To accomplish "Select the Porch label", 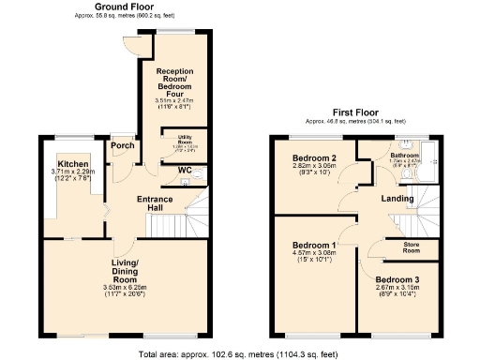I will [122, 145].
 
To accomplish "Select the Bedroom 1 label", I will [314, 246].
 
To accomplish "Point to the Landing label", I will [397, 198].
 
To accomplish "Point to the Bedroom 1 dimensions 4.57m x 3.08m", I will [314, 255].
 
